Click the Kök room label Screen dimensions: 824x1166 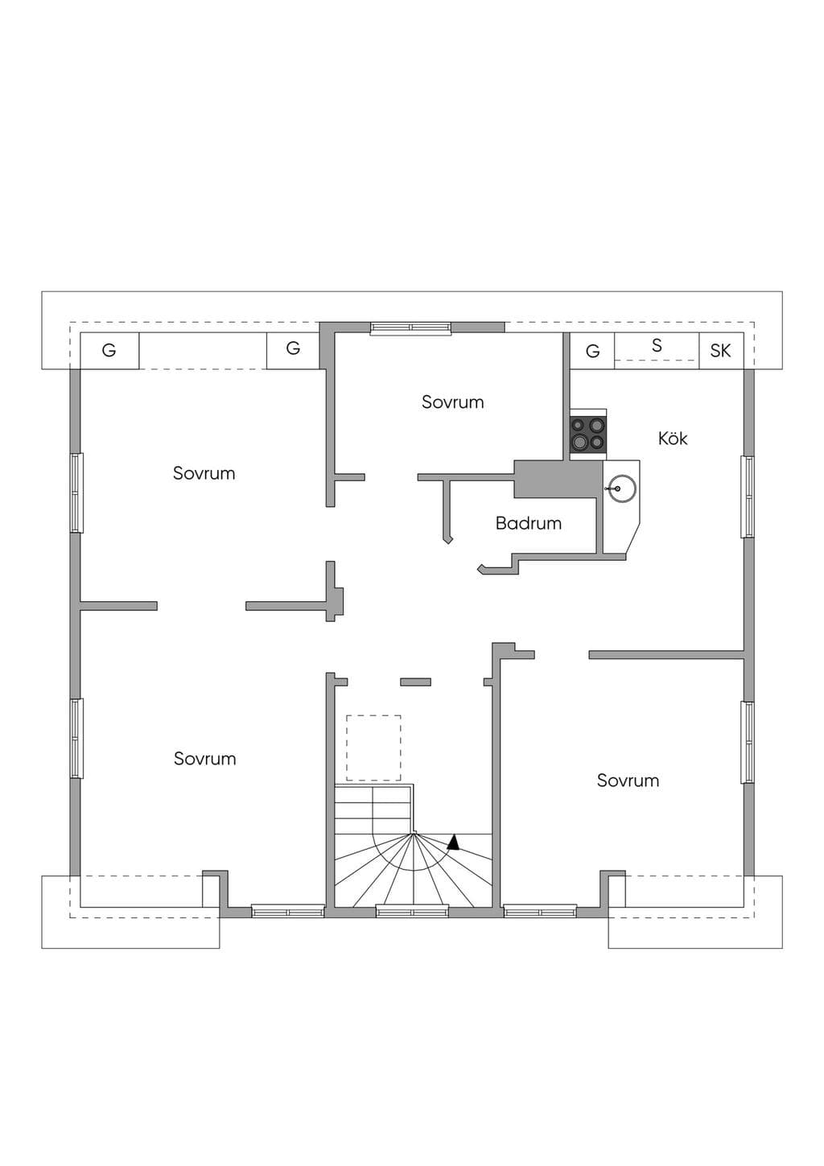click(673, 439)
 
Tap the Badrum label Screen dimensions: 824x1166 click(529, 523)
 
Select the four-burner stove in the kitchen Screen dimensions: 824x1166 click(588, 434)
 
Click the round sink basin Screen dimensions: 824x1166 click(623, 488)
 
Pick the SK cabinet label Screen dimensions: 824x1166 click(720, 351)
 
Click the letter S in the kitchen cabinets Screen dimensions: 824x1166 click(657, 345)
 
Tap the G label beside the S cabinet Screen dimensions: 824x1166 click(592, 352)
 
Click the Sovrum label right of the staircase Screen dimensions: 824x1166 click(628, 781)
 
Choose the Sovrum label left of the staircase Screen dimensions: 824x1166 click(204, 758)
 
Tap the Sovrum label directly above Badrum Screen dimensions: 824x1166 click(452, 402)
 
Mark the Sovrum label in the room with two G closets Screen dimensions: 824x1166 click(204, 473)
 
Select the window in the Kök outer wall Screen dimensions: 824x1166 click(748, 496)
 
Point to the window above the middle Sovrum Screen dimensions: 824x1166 click(411, 328)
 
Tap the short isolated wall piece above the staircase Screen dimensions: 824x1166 click(415, 682)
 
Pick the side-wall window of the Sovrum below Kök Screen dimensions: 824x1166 click(748, 742)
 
